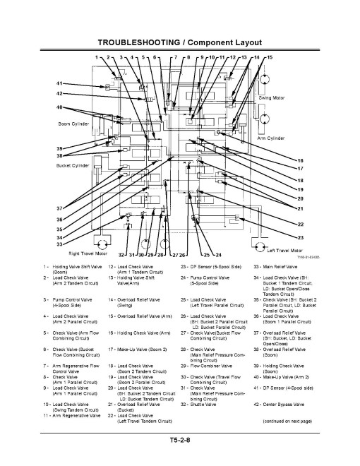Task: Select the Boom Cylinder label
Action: (x=73, y=124)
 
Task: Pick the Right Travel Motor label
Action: (x=88, y=253)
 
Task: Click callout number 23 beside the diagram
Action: (x=300, y=238)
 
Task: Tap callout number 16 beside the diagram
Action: (x=300, y=161)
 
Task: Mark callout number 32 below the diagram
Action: (x=122, y=254)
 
